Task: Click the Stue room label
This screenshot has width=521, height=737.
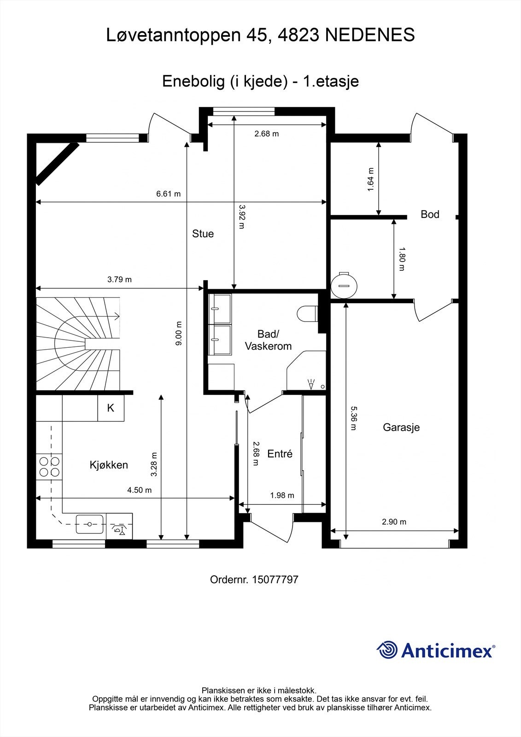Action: (203, 234)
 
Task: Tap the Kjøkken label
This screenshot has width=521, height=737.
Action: (109, 465)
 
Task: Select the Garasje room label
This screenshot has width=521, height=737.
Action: (401, 427)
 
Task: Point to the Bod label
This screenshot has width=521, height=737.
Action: (430, 215)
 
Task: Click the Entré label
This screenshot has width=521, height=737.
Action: (280, 454)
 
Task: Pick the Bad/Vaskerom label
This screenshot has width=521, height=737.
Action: (268, 340)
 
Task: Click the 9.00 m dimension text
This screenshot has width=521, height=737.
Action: (179, 333)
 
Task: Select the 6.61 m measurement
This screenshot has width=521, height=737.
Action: (169, 194)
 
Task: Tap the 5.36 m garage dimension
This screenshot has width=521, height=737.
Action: (353, 418)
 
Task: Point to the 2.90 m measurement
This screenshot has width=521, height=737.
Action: (394, 522)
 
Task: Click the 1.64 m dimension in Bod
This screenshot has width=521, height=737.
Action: (371, 180)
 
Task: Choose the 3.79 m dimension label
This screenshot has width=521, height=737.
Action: (119, 279)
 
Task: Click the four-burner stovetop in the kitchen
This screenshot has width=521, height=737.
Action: (49, 467)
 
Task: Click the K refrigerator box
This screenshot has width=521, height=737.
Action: (111, 408)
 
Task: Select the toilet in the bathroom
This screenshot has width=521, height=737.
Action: (307, 314)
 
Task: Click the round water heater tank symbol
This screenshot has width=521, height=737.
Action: (344, 286)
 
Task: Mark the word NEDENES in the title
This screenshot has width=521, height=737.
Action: (370, 35)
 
